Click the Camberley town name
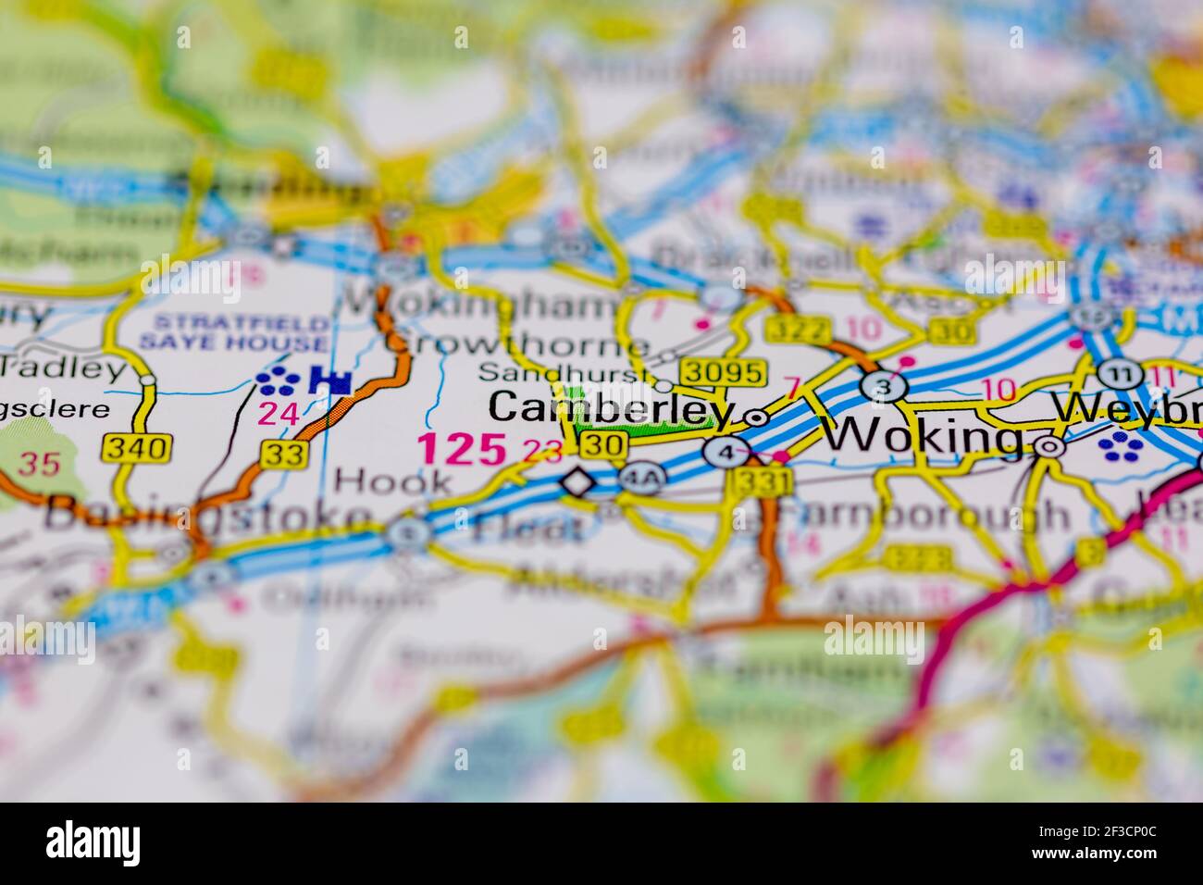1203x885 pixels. (x=611, y=408)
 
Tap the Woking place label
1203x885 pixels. (x=924, y=434)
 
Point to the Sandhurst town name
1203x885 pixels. (x=561, y=372)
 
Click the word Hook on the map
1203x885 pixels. (x=393, y=480)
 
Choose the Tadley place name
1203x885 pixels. (x=63, y=369)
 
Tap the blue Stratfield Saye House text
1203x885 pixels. (x=233, y=331)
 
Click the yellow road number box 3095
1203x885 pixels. (x=725, y=372)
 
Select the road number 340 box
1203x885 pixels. (x=138, y=449)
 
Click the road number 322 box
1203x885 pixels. (x=791, y=329)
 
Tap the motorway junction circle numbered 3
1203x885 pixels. (x=883, y=386)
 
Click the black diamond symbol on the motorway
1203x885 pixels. (x=577, y=482)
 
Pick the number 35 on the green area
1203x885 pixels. (x=39, y=463)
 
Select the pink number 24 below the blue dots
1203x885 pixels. (x=279, y=414)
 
